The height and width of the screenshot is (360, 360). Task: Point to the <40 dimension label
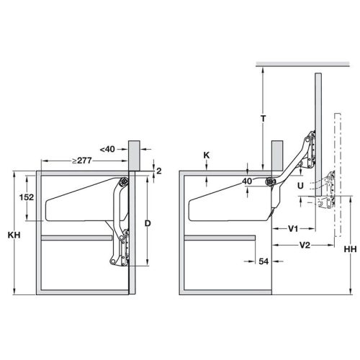(x=107, y=149)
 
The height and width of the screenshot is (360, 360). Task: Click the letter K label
(x=207, y=154)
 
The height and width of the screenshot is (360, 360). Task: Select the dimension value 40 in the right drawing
(x=248, y=182)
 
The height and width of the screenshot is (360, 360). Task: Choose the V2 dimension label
(x=305, y=246)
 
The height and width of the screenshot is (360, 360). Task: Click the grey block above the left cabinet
(x=132, y=153)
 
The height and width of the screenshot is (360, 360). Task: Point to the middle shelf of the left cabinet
(x=79, y=238)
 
